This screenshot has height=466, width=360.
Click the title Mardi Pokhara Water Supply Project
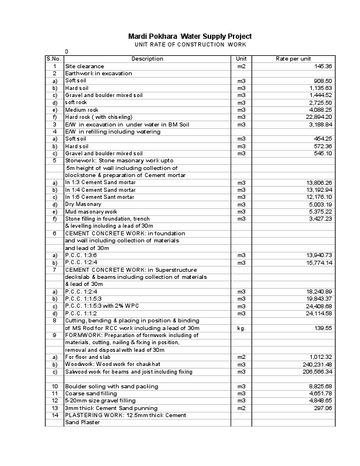pyautogui.click(x=189, y=36)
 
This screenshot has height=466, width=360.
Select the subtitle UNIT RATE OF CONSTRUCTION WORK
pyautogui.click(x=189, y=45)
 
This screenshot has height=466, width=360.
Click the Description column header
pyautogui.click(x=147, y=59)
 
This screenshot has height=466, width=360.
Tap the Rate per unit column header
pyautogui.click(x=293, y=59)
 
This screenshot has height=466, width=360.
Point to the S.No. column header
pyautogui.click(x=54, y=59)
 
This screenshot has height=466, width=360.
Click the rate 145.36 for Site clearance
pyautogui.click(x=323, y=66)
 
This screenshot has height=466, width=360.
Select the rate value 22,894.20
pyautogui.click(x=318, y=117)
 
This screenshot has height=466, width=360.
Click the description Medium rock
pyautogui.click(x=82, y=110)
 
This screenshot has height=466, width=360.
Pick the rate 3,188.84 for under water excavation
pyautogui.click(x=320, y=125)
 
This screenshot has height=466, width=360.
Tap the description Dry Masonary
pyautogui.click(x=83, y=204)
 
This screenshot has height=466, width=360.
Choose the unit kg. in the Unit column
pyautogui.click(x=241, y=328)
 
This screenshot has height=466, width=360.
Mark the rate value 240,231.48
pyautogui.click(x=316, y=364)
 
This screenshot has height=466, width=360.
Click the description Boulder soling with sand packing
pyautogui.click(x=111, y=386)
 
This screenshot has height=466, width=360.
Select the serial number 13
pyautogui.click(x=54, y=408)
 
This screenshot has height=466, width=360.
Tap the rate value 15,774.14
pyautogui.click(x=318, y=262)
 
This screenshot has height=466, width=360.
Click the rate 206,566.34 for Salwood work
pyautogui.click(x=316, y=371)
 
